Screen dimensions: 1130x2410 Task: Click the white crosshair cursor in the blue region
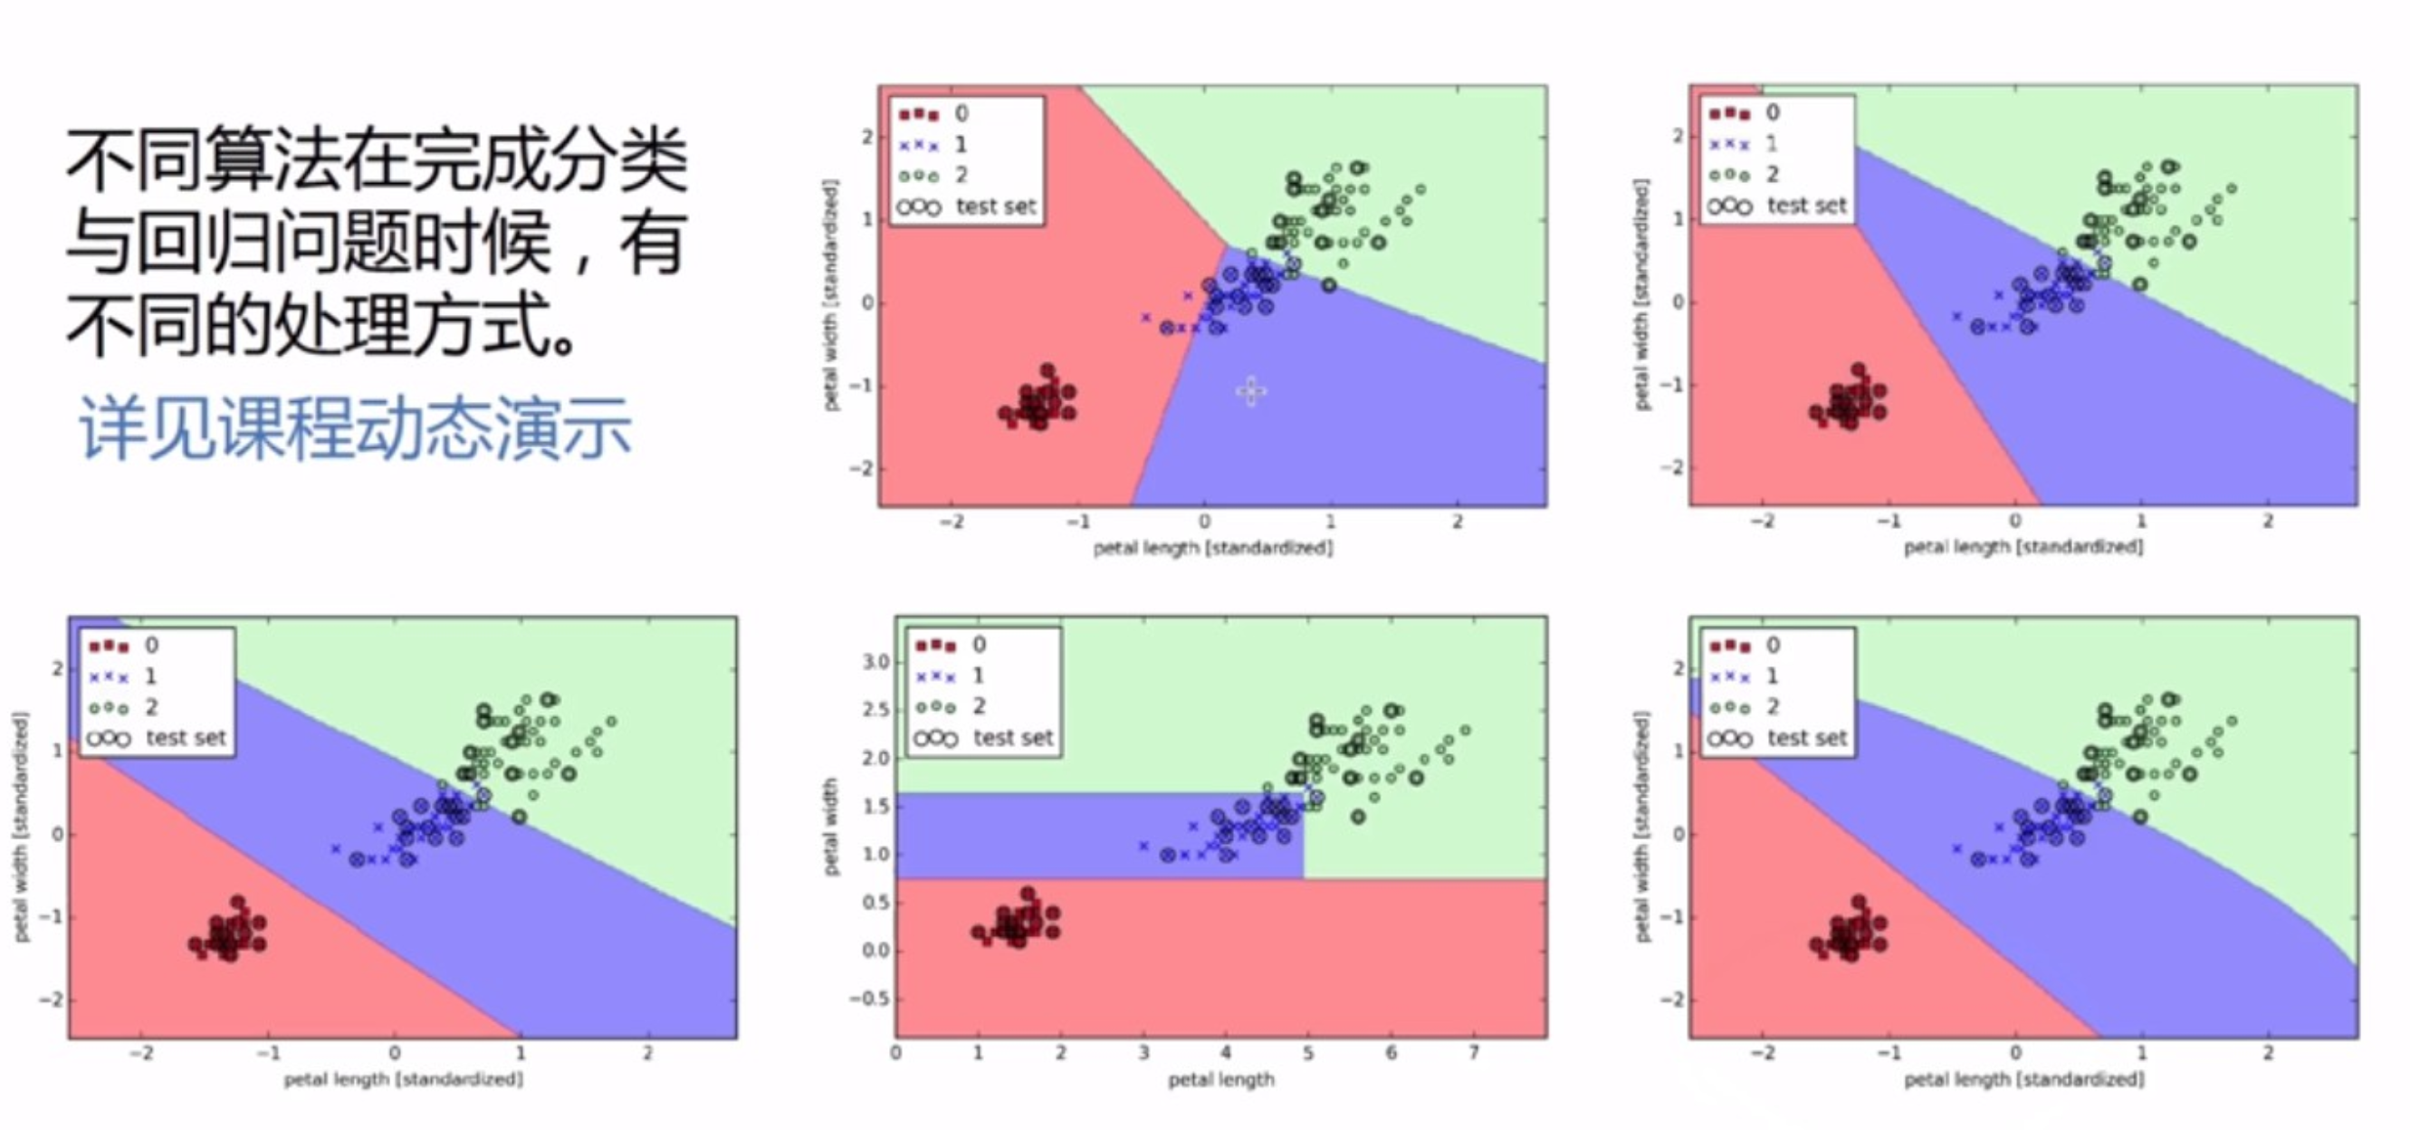click(x=1252, y=391)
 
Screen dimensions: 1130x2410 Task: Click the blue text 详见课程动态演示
click(x=356, y=428)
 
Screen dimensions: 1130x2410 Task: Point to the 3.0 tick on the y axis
click(x=875, y=662)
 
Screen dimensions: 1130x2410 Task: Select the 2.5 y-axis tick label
click(x=875, y=710)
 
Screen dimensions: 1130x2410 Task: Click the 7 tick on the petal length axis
click(x=1474, y=1053)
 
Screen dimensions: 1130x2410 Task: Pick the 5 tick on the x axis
click(x=1308, y=1053)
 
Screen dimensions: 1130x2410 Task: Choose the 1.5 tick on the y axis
click(x=875, y=807)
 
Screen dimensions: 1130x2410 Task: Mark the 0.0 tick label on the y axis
click(x=875, y=951)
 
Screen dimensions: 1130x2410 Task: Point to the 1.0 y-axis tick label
click(x=875, y=854)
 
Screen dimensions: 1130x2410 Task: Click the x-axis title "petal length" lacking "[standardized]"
click(x=1221, y=1079)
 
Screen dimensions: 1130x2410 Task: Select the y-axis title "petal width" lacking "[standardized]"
click(x=830, y=827)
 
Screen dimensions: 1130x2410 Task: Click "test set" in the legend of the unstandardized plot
click(x=1013, y=738)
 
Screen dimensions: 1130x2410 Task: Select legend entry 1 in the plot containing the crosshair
click(x=961, y=144)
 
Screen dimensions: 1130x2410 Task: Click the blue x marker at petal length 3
click(x=1143, y=846)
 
